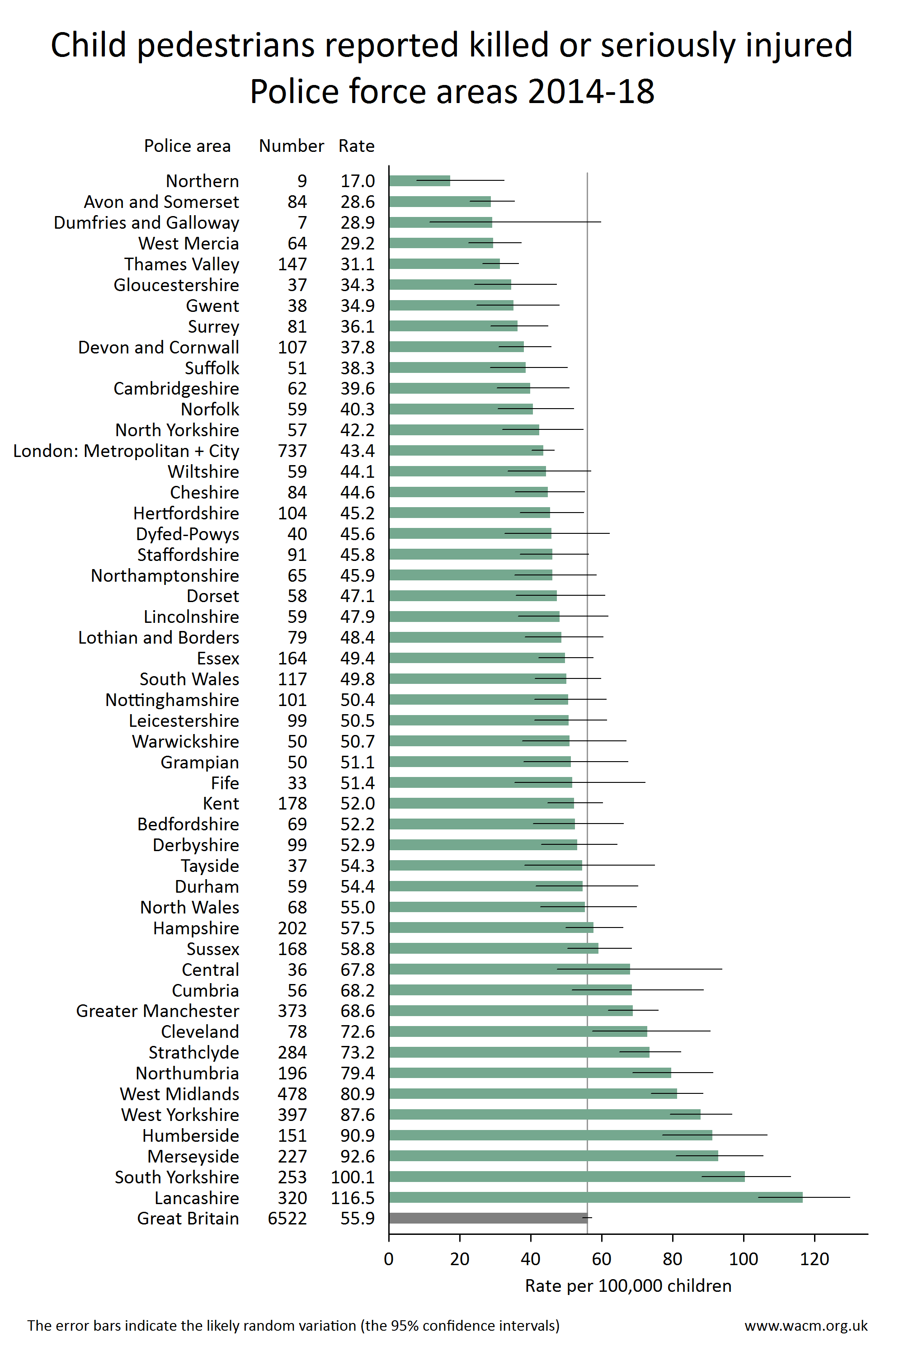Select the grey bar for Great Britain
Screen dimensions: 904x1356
[x=488, y=1218]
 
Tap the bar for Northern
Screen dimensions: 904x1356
[x=419, y=180]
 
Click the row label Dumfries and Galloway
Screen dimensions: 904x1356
[x=146, y=222]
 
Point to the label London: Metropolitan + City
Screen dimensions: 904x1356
[x=126, y=451]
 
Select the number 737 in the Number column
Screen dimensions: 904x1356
[x=292, y=451]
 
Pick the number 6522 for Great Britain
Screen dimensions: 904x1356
[x=287, y=1219]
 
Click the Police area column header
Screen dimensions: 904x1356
[x=188, y=146]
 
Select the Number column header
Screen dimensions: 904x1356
[x=291, y=146]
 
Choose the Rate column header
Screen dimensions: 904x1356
[x=356, y=146]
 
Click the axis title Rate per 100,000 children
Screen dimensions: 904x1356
[x=628, y=1285]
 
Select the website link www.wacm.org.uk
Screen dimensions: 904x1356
[x=806, y=1325]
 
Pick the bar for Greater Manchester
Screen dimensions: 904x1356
[x=511, y=1011]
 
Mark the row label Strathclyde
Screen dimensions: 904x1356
[x=194, y=1053]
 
